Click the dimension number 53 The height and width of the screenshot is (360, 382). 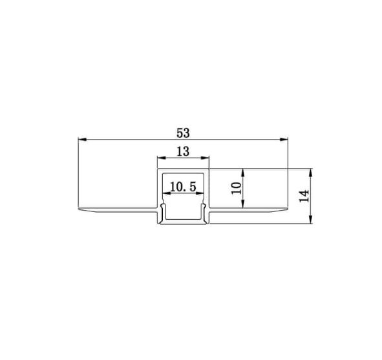coord(183,132)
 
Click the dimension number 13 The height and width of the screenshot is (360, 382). coord(183,151)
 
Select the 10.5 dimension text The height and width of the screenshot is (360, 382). coord(182,187)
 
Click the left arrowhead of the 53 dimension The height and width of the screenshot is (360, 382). coord(81,140)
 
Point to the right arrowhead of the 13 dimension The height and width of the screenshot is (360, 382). coord(207,158)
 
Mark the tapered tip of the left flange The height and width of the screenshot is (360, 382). coord(80,209)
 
